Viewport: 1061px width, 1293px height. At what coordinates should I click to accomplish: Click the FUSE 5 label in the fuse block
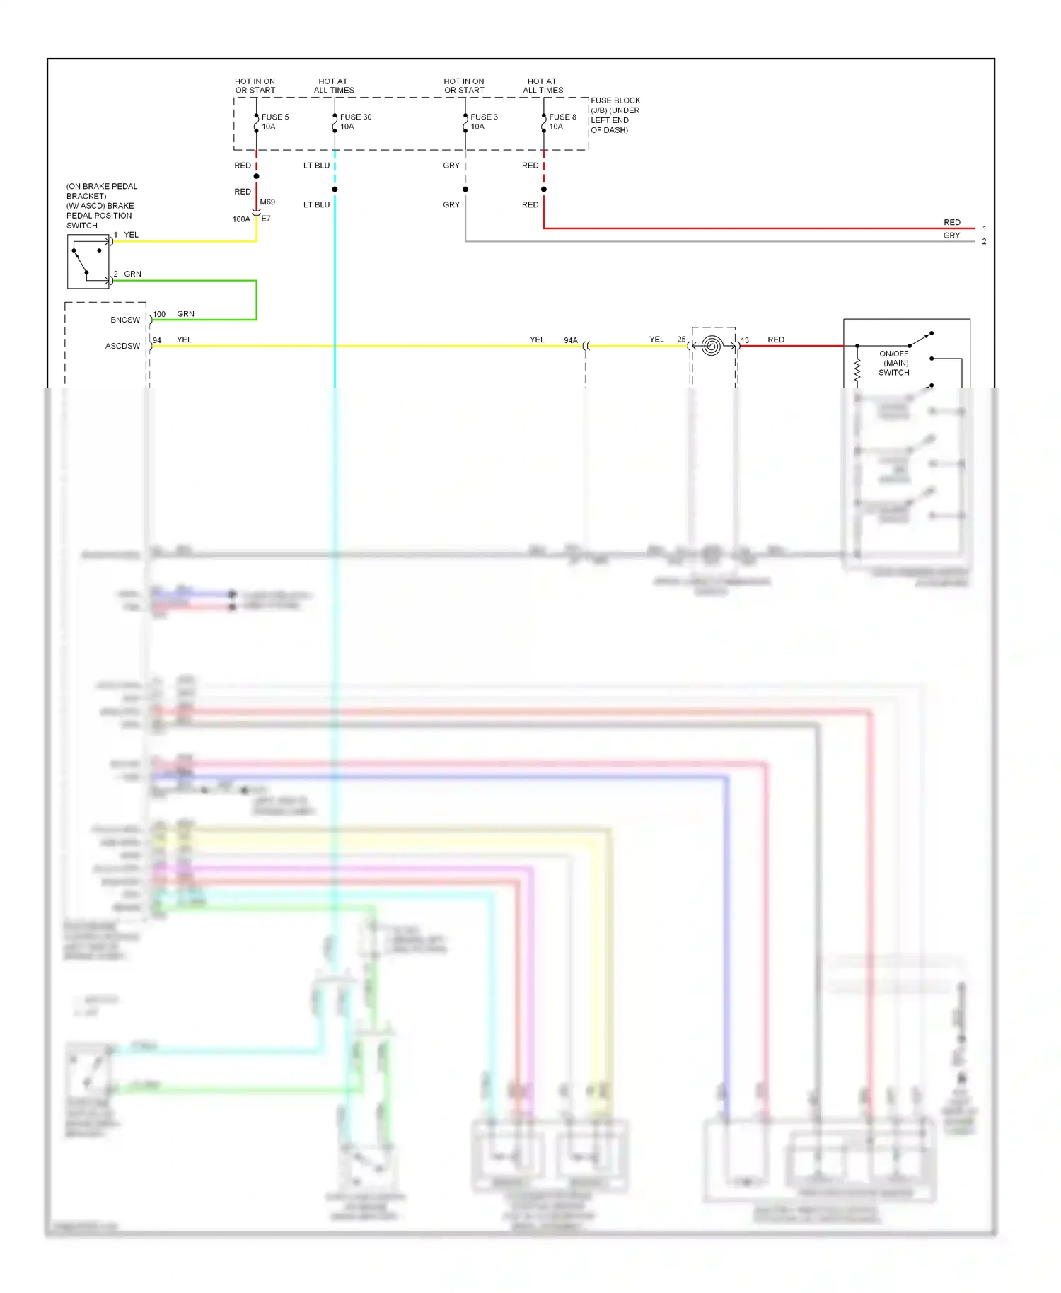(274, 117)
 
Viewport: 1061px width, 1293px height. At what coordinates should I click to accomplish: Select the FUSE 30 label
(355, 117)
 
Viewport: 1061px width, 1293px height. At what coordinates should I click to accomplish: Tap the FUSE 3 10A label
(484, 122)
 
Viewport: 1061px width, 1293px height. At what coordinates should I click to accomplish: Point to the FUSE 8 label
(562, 117)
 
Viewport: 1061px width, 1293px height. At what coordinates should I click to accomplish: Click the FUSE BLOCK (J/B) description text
(615, 115)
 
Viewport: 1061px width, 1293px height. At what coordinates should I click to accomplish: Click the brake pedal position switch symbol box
(88, 262)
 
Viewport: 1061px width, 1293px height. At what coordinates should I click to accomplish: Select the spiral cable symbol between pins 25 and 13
(712, 346)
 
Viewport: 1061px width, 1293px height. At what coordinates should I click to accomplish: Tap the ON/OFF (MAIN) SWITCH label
(894, 363)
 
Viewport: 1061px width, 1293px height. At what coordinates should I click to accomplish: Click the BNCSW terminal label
(125, 320)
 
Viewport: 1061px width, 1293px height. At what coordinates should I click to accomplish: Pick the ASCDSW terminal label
(122, 347)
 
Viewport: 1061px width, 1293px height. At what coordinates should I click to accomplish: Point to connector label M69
(267, 202)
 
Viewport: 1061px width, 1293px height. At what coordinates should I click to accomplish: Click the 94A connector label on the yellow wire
(570, 340)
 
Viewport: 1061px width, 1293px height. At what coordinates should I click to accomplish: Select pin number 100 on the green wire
(159, 314)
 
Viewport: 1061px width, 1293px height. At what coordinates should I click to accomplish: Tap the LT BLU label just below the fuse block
(316, 166)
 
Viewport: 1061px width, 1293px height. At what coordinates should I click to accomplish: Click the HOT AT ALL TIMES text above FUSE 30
(333, 86)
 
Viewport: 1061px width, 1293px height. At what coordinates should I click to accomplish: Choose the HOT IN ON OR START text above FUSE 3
(464, 86)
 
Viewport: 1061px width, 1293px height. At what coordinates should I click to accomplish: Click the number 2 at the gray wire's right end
(984, 242)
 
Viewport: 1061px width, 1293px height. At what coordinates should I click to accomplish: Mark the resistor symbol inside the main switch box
(857, 369)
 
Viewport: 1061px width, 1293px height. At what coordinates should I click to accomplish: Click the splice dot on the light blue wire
(335, 190)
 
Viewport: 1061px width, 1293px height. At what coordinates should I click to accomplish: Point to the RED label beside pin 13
(776, 340)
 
